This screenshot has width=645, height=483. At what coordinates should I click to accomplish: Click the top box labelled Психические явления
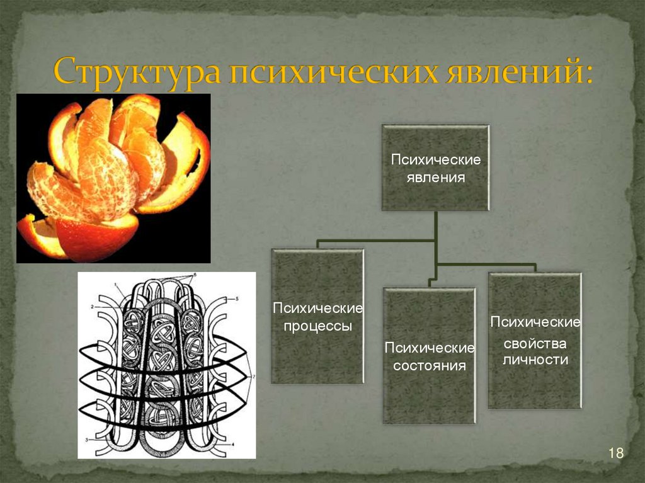[435, 168]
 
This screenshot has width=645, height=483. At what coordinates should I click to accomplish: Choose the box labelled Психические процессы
[317, 316]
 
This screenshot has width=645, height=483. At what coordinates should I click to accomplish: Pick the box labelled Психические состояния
[429, 356]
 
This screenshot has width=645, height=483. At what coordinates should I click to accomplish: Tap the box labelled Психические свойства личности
[535, 341]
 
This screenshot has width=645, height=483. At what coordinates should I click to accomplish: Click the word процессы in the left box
[317, 327]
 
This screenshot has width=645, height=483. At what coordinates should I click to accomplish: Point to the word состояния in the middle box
[429, 365]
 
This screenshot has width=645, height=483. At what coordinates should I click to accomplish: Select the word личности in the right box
[535, 360]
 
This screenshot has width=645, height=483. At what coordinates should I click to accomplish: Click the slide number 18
[615, 453]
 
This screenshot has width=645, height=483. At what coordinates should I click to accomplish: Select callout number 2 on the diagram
[91, 306]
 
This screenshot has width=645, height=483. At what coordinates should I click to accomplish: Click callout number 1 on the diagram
[117, 284]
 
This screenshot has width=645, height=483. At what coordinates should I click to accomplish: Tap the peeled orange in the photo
[113, 178]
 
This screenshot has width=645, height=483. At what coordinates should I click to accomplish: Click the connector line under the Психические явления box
[435, 227]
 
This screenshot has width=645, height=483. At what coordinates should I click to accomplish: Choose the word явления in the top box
[435, 178]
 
